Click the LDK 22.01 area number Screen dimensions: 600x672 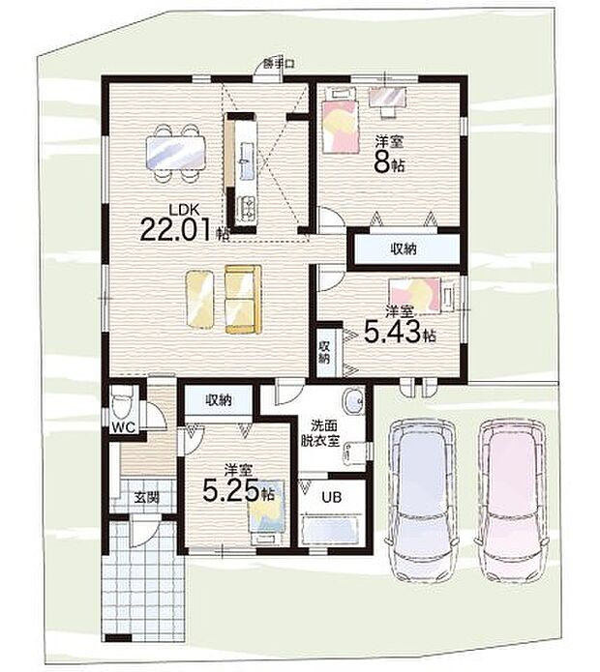[175, 229]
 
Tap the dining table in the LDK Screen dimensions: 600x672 [176, 153]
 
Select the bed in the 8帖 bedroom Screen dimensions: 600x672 [341, 121]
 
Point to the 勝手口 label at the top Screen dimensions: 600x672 [279, 64]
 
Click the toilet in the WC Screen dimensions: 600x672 [120, 405]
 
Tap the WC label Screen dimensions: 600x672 [123, 426]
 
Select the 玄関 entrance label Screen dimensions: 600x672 [147, 497]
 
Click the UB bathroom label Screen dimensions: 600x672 [332, 497]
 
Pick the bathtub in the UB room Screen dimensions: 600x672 [330, 531]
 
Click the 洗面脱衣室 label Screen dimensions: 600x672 [324, 433]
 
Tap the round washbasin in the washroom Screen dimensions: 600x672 [353, 401]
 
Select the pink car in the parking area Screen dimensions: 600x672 [512, 502]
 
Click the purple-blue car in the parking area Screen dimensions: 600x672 [422, 502]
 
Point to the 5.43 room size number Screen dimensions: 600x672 [392, 333]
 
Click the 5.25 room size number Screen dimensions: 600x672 [231, 491]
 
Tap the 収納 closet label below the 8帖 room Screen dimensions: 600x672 [404, 248]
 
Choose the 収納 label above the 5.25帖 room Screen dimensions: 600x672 [219, 400]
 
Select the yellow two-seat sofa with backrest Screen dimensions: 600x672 [243, 299]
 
